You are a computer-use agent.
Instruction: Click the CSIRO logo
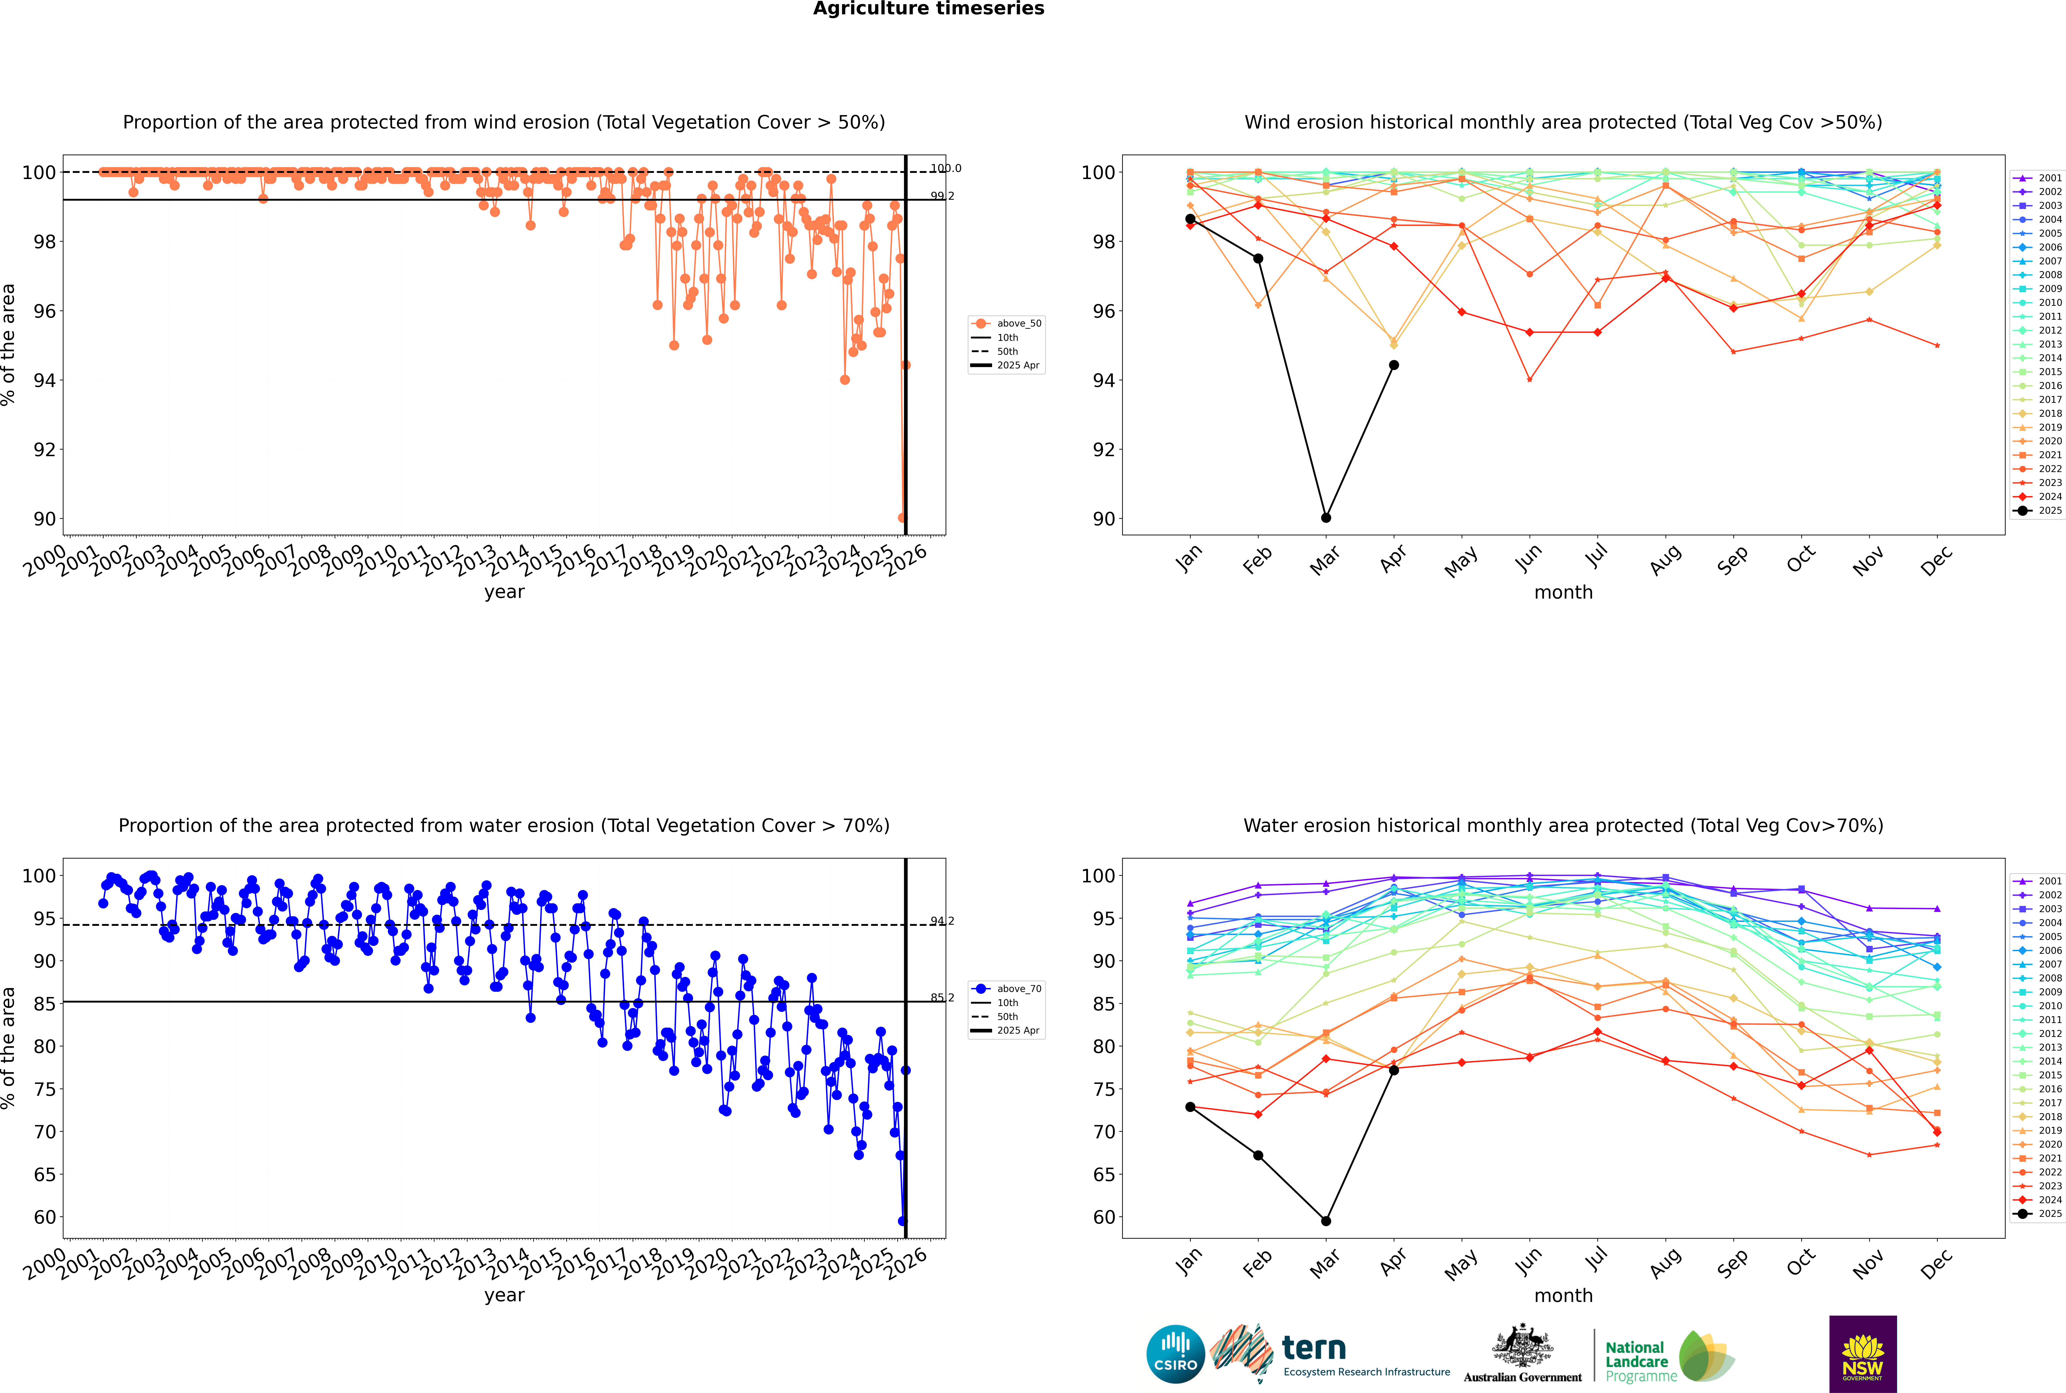click(1175, 1354)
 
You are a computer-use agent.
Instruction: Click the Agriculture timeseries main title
click(928, 9)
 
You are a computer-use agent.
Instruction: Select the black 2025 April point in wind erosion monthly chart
click(1394, 365)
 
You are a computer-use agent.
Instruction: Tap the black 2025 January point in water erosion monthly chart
click(1190, 1107)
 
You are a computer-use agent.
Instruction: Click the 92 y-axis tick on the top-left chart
click(44, 450)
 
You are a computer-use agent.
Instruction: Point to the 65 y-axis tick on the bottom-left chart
click(44, 1175)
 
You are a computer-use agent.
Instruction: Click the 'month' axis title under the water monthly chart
click(1563, 1295)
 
